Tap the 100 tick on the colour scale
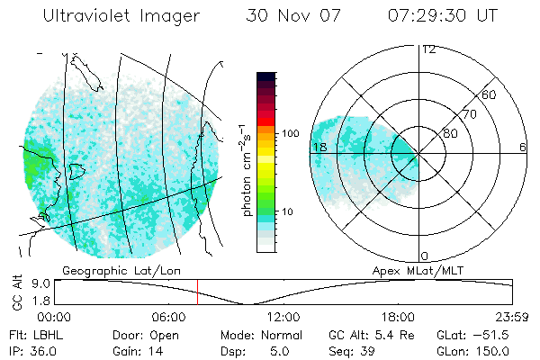(x=290, y=132)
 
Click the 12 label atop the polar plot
(x=428, y=49)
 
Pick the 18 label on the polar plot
(x=319, y=147)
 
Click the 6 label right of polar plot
(x=522, y=147)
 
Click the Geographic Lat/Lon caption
(x=106, y=269)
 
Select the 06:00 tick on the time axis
(x=169, y=316)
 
